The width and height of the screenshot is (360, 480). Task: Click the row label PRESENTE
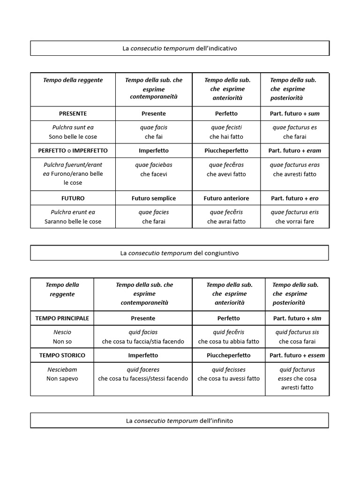(73, 113)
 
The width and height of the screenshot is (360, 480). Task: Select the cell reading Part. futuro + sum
(295, 113)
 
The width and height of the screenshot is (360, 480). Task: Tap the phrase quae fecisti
(226, 127)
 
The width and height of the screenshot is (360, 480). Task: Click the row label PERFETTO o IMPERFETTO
(73, 151)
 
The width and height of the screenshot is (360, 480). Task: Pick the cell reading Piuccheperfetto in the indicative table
(226, 151)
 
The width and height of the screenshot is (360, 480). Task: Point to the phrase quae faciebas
(154, 165)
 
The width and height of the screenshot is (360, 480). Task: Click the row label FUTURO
(73, 198)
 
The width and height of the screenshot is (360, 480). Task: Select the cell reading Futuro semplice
(154, 198)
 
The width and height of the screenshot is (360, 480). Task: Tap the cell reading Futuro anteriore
(226, 198)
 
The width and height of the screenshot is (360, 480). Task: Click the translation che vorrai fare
(295, 221)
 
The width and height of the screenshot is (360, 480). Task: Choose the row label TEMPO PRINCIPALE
(62, 318)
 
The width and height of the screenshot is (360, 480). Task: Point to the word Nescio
(62, 332)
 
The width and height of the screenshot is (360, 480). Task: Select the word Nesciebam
(62, 369)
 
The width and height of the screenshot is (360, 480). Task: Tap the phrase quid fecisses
(229, 369)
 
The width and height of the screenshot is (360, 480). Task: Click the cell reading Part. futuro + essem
(297, 355)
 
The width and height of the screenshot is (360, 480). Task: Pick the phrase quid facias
(143, 332)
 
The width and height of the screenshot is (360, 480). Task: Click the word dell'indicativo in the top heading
(217, 48)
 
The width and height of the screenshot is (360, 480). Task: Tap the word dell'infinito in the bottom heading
(213, 420)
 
